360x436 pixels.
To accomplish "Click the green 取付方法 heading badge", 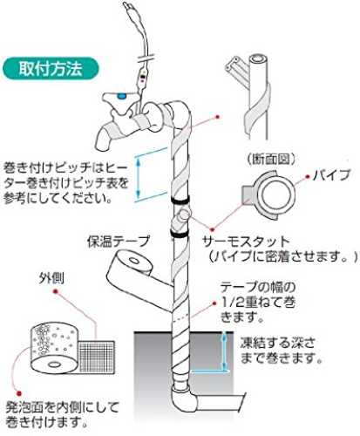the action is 51,69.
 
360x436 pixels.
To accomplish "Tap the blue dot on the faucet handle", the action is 121,96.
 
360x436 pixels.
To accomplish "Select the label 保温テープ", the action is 119,241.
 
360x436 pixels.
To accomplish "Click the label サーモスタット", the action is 247,242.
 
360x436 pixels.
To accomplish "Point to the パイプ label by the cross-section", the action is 332,175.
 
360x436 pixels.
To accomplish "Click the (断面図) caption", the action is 271,159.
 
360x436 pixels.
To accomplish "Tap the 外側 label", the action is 51,279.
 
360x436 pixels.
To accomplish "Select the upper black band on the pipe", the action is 180,200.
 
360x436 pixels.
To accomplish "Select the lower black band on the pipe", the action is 179,234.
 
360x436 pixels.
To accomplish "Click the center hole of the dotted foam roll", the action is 53,364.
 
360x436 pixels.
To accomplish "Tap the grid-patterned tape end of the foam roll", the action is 97,356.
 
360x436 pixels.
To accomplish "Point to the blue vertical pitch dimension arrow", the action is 139,178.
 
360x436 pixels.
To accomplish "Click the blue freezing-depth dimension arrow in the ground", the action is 224,351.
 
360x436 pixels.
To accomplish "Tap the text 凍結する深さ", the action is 278,343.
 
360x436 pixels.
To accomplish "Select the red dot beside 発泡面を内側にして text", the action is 19,393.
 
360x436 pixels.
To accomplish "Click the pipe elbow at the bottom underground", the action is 184,399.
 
